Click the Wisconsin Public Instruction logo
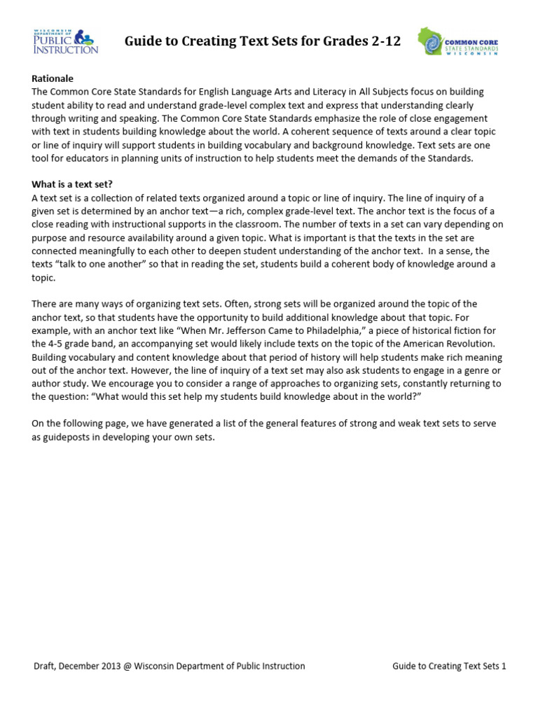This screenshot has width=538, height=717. click(x=66, y=41)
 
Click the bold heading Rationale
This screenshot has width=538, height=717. click(x=53, y=78)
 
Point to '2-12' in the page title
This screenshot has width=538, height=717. click(x=385, y=41)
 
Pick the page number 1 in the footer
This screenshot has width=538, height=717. click(x=503, y=666)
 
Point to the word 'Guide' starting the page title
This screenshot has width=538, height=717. click(x=142, y=41)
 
